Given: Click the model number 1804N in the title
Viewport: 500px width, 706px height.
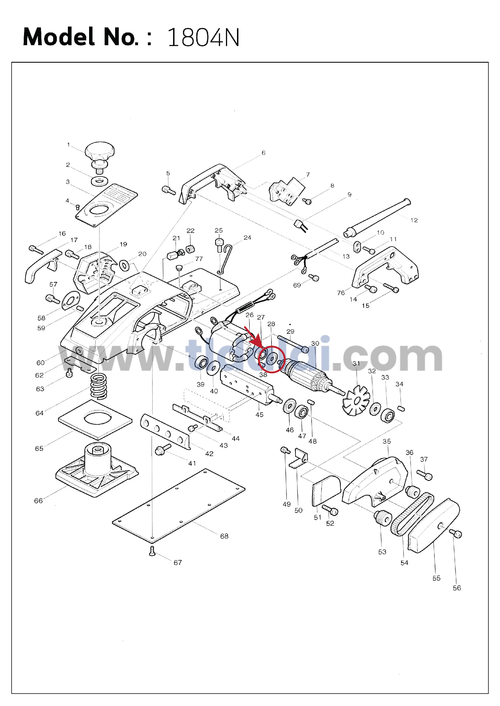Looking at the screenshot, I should [x=203, y=38].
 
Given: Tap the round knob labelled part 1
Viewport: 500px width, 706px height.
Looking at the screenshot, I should [x=100, y=150].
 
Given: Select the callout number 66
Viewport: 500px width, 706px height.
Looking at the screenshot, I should [x=38, y=501].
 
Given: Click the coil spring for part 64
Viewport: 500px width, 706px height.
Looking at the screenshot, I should [x=98, y=386].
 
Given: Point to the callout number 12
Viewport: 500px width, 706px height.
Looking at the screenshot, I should [x=414, y=221].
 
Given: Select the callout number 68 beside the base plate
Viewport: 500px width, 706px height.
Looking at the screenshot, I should [x=224, y=536].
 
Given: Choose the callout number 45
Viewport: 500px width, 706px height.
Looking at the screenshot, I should [x=259, y=415].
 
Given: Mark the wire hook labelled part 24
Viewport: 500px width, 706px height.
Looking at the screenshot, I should [x=227, y=258].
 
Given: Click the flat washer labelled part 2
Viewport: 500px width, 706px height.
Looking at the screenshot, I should [x=100, y=181].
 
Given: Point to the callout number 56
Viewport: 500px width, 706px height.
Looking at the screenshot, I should [x=456, y=588].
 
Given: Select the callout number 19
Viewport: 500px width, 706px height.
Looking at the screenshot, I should [x=124, y=245].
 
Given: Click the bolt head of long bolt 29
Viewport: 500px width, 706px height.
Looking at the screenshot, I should [x=305, y=350].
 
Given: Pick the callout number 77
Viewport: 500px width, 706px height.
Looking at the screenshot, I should [x=199, y=259].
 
